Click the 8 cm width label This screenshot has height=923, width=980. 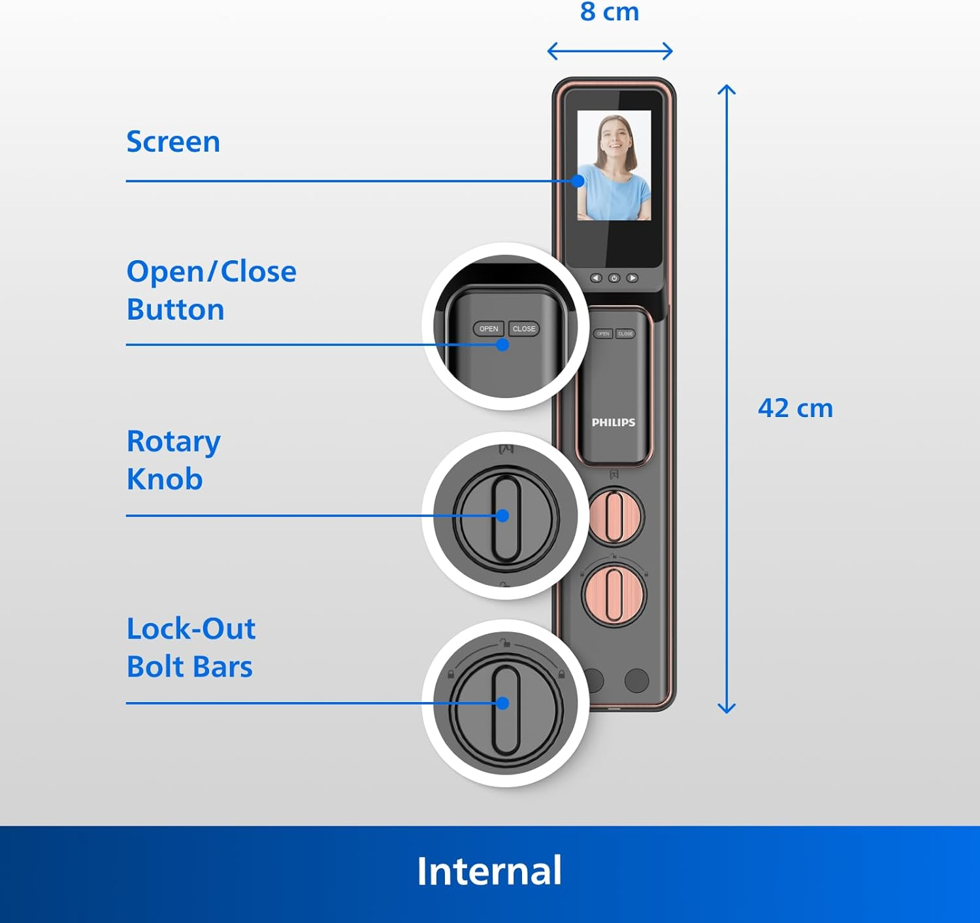point(609,12)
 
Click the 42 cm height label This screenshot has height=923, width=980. point(795,409)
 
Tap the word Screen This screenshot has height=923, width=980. point(173,142)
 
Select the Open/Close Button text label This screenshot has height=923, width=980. point(210,290)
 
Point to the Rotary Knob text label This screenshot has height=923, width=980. point(173,460)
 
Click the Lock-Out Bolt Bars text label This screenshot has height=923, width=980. point(191,647)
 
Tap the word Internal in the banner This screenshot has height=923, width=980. point(489,871)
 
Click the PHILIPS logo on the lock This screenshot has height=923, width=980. point(613,422)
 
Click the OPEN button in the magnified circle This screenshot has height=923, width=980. point(489,329)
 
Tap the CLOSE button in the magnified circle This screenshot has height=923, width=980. point(524,329)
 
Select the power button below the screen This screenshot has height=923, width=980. point(614,278)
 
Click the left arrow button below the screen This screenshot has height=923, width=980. point(596,278)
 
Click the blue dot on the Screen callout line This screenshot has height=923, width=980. point(578,181)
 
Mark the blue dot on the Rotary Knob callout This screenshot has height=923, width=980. point(502,516)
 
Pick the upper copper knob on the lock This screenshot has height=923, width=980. point(614,517)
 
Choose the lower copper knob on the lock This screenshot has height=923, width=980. point(614,595)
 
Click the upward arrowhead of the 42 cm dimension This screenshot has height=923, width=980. point(727,88)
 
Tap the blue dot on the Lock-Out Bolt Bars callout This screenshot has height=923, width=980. point(502,703)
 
